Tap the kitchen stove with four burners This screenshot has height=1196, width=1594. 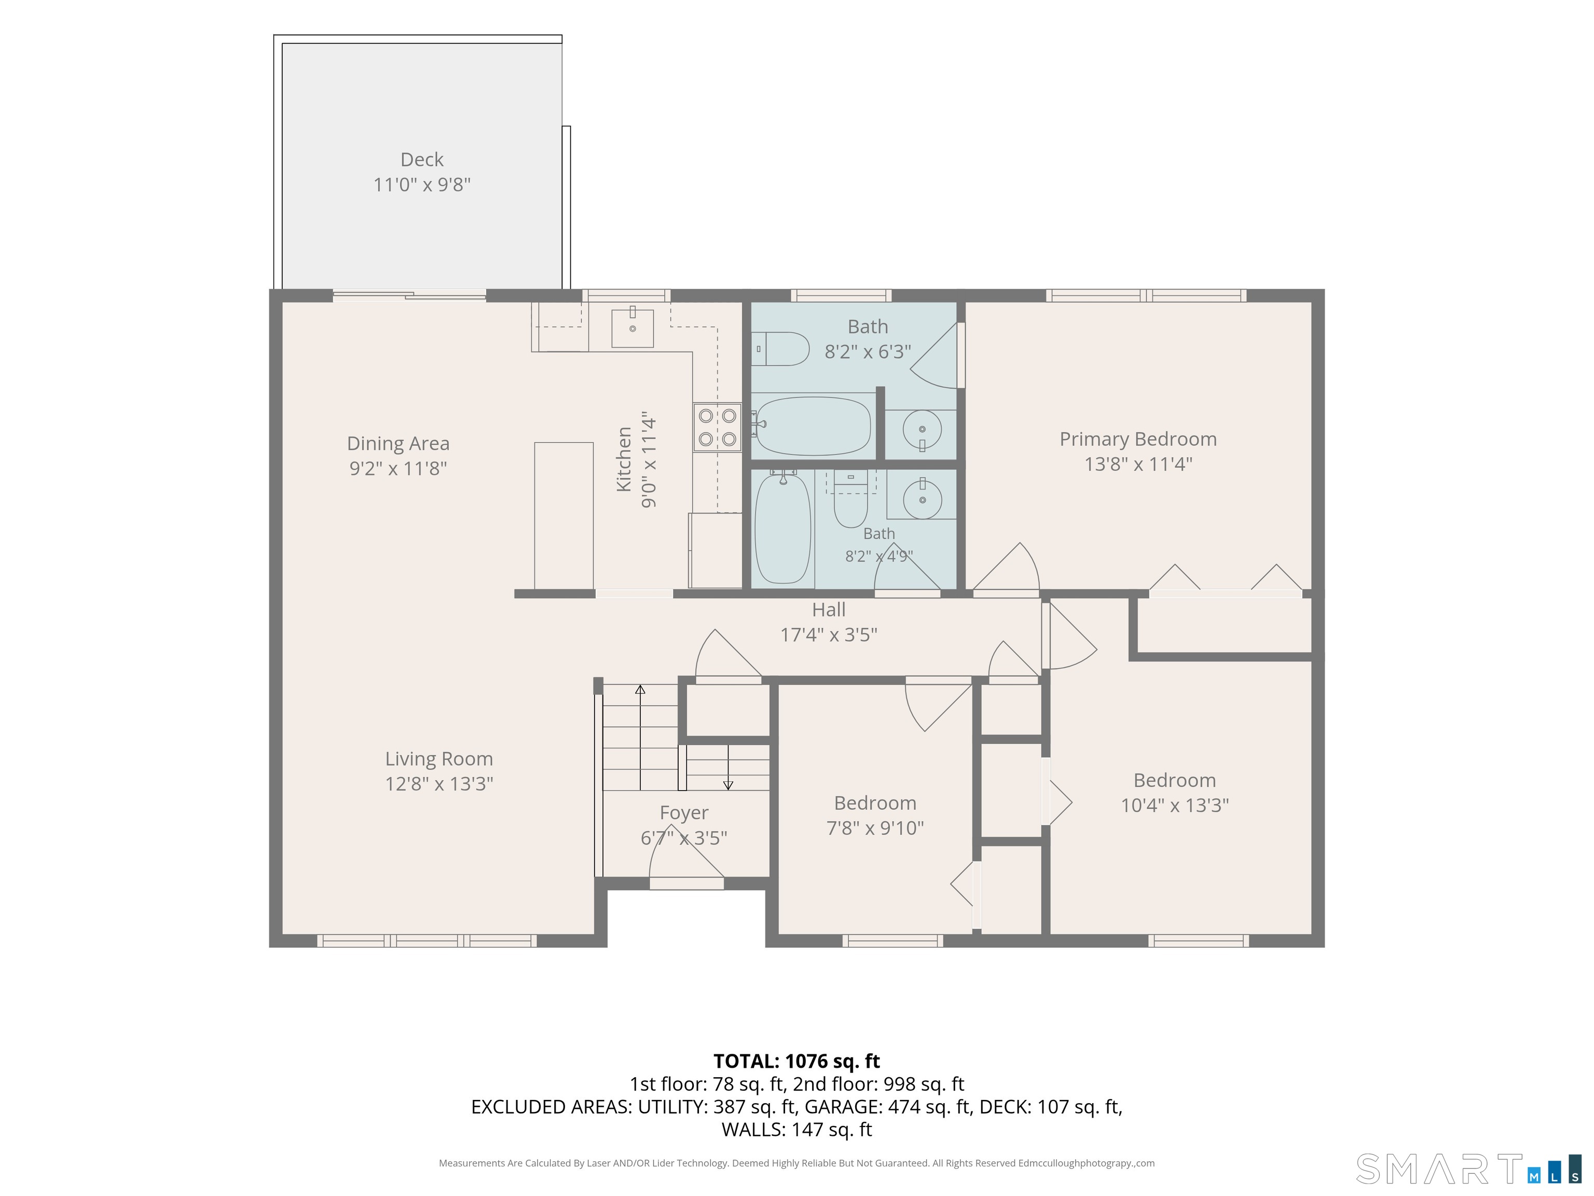718,427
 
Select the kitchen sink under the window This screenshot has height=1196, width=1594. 633,328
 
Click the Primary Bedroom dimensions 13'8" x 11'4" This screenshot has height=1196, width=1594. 1138,464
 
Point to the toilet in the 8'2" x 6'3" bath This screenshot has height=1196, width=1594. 780,349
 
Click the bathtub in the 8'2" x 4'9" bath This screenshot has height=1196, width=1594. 782,528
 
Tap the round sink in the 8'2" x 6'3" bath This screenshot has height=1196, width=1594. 922,430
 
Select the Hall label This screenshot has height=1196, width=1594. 829,610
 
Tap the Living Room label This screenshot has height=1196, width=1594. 439,759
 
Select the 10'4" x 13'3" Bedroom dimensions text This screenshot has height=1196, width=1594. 1175,805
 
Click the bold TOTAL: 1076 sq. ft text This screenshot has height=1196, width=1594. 796,1061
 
